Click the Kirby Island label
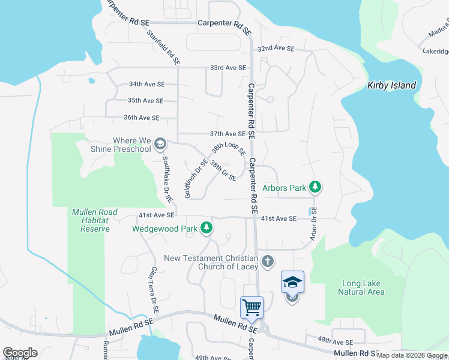point(391,85)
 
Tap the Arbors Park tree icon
point(315,188)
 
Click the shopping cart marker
point(252,307)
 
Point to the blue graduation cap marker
point(292,281)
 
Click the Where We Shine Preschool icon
point(160,143)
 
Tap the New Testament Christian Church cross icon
point(268,262)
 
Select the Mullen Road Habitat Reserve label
point(91,220)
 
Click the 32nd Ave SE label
point(276,49)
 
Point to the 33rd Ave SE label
point(228,68)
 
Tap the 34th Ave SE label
point(146,85)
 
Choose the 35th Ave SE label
point(145,101)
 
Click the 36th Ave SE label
point(142,118)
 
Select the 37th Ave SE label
point(228,134)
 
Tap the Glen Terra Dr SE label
point(154,290)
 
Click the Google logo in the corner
point(20,353)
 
